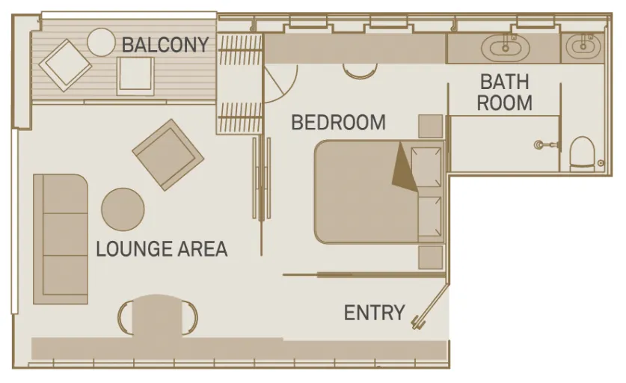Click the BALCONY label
point(165,44)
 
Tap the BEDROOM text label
point(339,122)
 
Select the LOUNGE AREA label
point(162,249)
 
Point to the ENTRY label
point(375,313)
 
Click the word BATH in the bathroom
point(505,82)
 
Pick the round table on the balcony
point(102,42)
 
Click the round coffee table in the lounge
point(123,209)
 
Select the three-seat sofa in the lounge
point(61,239)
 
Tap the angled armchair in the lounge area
point(168,155)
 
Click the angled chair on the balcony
point(65,65)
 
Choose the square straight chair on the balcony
point(135,76)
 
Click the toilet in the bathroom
point(583,154)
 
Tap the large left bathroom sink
point(506,49)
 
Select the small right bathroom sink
point(583,47)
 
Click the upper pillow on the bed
point(426,167)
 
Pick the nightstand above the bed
point(430,126)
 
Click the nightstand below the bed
point(430,257)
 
